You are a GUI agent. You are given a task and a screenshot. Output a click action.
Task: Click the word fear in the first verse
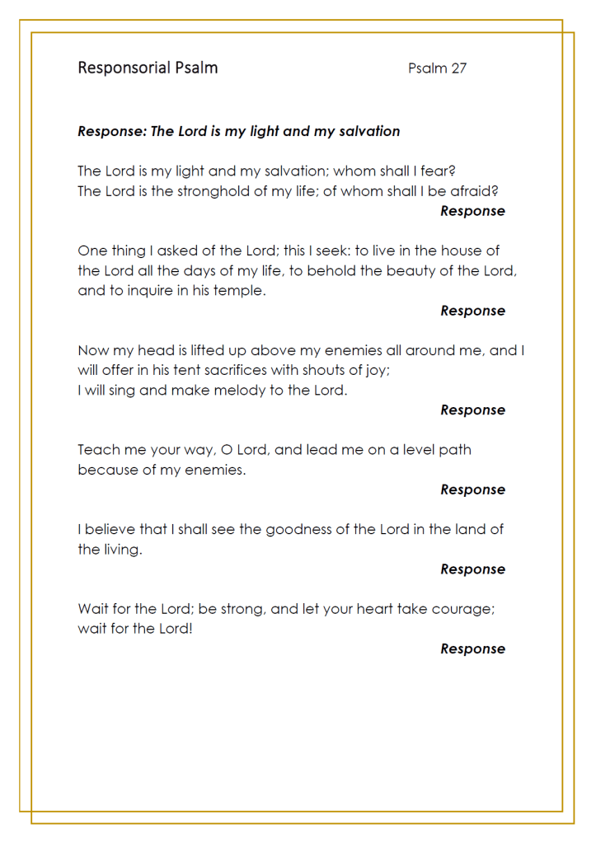439,171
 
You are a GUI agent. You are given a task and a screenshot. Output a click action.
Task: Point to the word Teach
96,450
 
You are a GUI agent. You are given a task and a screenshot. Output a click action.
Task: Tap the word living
121,550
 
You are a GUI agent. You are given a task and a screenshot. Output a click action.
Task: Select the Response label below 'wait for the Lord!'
472,649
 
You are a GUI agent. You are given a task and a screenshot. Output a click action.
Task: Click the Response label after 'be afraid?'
472,211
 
